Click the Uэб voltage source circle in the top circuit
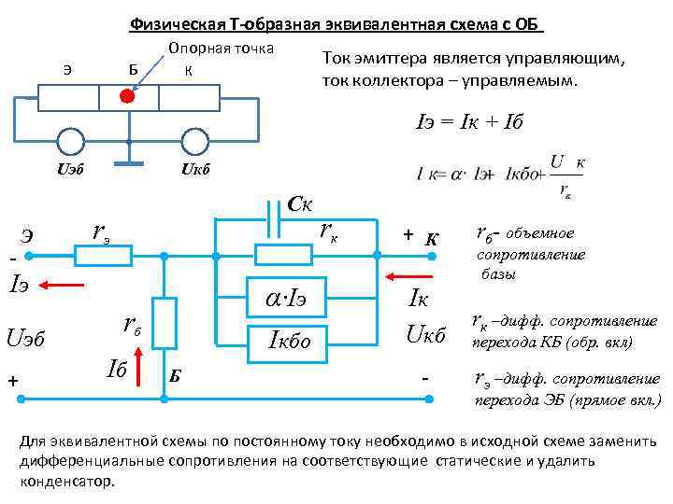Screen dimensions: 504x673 pos(70,141)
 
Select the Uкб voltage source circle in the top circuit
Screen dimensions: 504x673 pos(193,141)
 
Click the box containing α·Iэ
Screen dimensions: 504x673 pos(290,299)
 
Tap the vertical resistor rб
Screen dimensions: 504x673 pos(165,320)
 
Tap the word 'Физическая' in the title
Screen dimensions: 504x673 pos(171,24)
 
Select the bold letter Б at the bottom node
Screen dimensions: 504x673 pos(175,375)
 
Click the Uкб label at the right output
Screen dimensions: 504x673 pos(425,331)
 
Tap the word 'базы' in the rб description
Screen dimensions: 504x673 pos(499,273)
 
